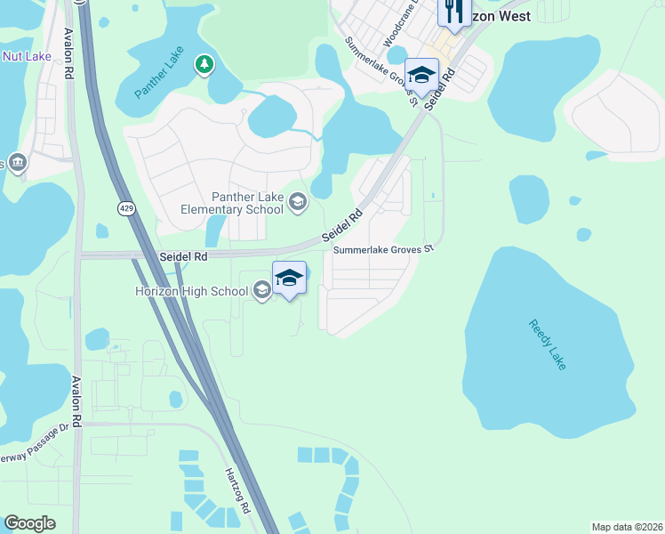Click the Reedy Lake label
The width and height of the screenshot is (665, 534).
tap(546, 345)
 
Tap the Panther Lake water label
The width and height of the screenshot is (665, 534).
tap(159, 72)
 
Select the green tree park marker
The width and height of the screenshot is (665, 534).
tap(205, 64)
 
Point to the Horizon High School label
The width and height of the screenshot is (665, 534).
tap(191, 290)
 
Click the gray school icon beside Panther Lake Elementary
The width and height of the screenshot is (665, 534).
tap(298, 203)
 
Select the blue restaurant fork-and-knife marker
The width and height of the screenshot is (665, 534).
tap(453, 12)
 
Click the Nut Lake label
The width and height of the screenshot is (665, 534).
tap(27, 56)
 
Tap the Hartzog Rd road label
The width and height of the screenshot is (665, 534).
tap(238, 489)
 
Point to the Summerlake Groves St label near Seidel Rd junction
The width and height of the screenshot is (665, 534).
tap(382, 250)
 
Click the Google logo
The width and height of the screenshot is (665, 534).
tap(29, 523)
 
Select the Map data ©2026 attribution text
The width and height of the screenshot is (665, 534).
tap(627, 527)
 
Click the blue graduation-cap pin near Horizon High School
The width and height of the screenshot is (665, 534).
tap(289, 279)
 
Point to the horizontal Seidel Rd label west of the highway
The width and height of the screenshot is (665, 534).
tap(183, 256)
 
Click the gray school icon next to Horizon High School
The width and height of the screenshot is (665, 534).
tap(261, 290)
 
